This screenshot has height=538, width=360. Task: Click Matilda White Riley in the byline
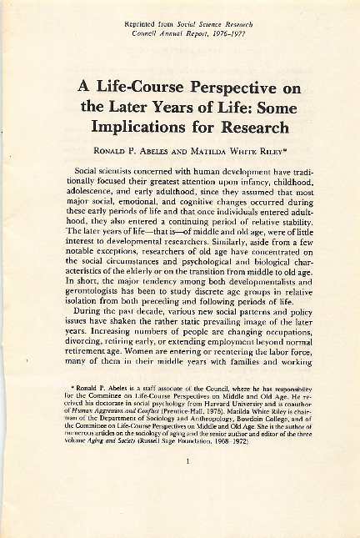point(235,151)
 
